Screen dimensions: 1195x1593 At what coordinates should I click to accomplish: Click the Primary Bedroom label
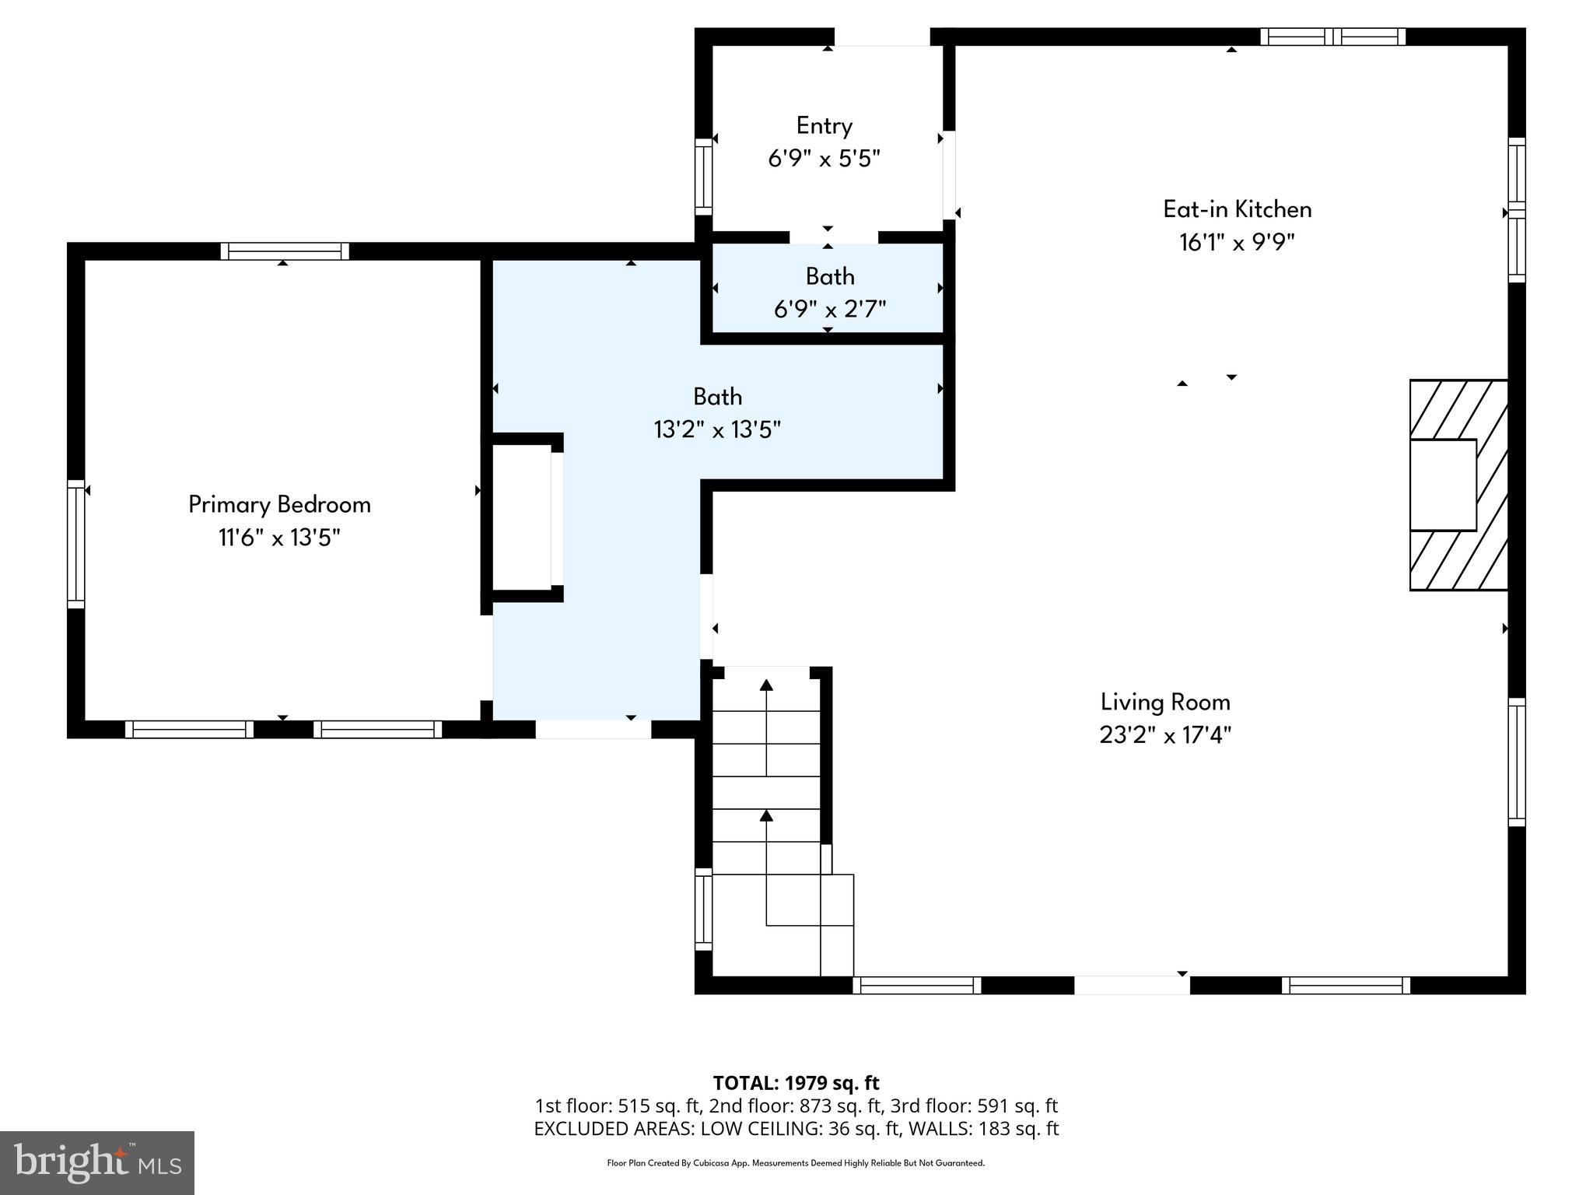(x=279, y=504)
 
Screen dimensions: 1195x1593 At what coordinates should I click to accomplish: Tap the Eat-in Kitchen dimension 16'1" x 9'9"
(x=1236, y=243)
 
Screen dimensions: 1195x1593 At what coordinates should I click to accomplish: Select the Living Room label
(x=1164, y=703)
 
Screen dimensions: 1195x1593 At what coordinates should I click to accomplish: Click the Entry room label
(x=824, y=126)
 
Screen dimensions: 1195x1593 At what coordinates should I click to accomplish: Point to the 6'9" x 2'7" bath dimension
(x=829, y=310)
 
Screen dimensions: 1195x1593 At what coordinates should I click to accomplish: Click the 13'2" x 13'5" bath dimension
(x=716, y=429)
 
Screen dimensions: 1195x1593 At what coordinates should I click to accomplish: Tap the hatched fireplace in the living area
(x=1458, y=485)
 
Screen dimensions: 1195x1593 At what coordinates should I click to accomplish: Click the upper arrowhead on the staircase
(x=766, y=685)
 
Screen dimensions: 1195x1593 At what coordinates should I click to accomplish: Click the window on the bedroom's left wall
(x=75, y=543)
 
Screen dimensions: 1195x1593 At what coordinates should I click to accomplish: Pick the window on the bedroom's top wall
(x=285, y=251)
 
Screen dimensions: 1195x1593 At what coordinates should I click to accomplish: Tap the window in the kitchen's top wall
(x=1332, y=37)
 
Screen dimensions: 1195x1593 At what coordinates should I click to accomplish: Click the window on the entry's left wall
(x=703, y=177)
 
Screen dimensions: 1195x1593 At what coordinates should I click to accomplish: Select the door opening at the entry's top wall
(x=881, y=37)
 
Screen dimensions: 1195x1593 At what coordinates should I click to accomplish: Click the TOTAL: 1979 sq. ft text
(x=796, y=1083)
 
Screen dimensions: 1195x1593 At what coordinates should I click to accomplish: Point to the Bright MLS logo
(x=97, y=1162)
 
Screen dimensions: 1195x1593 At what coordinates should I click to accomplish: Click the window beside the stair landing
(x=703, y=909)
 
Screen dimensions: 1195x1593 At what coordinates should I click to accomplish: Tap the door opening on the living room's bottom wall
(x=1132, y=985)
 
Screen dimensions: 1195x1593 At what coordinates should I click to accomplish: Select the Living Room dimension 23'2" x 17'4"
(x=1164, y=735)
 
